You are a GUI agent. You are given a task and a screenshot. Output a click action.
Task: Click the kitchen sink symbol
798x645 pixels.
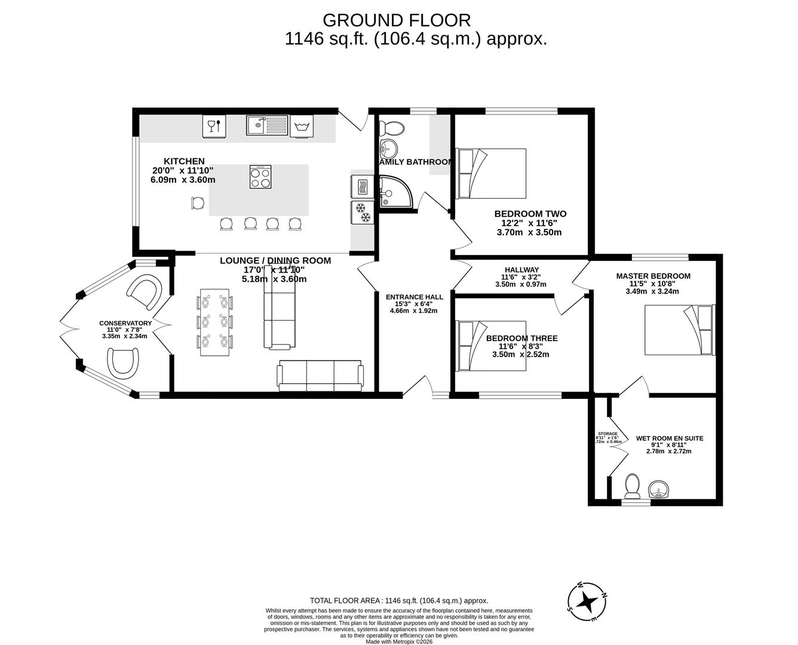click(x=266, y=125)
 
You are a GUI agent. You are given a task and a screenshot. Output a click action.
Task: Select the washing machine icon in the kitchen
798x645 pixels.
click(x=302, y=126)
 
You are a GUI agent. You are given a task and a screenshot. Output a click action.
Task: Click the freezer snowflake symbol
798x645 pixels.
click(x=361, y=212)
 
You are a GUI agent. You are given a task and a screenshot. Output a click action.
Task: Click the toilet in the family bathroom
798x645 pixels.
click(x=392, y=127)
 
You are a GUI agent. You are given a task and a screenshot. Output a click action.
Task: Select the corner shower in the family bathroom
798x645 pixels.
click(x=395, y=192)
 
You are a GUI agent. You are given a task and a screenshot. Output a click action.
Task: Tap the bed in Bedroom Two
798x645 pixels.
click(x=491, y=173)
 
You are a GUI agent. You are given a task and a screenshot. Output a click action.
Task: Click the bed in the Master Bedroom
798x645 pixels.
click(x=679, y=330)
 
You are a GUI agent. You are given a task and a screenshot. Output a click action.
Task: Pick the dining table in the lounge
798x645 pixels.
click(x=214, y=322)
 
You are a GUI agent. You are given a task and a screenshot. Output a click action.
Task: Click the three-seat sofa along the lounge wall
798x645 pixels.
click(x=320, y=376)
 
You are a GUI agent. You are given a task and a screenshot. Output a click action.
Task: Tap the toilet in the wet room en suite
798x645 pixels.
click(x=631, y=486)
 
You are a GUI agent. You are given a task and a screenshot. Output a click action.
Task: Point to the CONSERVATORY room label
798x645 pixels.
click(x=125, y=323)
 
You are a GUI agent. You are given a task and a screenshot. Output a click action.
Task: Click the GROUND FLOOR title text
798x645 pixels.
click(x=397, y=20)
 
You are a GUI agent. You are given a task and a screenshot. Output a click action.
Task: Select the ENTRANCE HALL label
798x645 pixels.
click(x=414, y=297)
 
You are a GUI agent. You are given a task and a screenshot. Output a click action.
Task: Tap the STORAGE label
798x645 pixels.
click(x=607, y=434)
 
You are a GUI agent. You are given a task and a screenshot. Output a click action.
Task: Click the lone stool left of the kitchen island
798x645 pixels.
click(x=197, y=204)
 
